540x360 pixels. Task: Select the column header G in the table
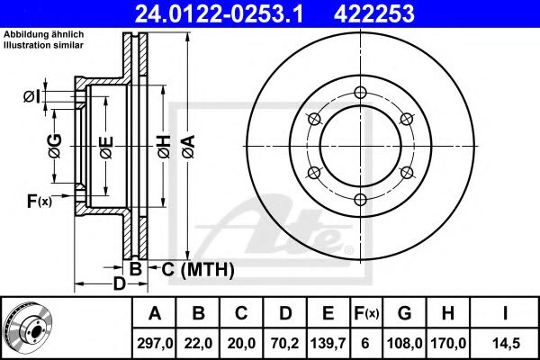[x=404, y=314]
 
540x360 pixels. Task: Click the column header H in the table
[x=446, y=314]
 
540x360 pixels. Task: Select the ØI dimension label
[x=33, y=95]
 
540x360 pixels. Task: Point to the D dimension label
[x=117, y=286]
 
